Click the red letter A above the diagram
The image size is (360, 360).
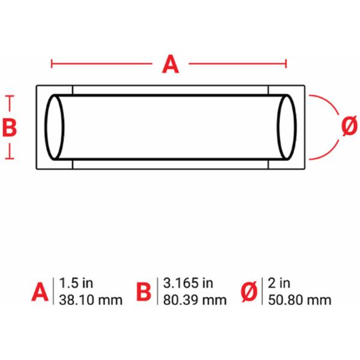[x=170, y=64]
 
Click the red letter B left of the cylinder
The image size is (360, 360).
[x=10, y=127]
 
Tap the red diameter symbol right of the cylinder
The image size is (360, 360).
[x=349, y=125]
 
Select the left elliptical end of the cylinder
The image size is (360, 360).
[x=55, y=127]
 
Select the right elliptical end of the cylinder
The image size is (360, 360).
[x=287, y=127]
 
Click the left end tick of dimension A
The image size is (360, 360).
[x=52, y=64]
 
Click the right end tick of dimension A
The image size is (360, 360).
[x=286, y=64]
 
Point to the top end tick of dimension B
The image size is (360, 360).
[x=10, y=96]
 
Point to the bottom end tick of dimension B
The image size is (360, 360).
[x=10, y=158]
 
